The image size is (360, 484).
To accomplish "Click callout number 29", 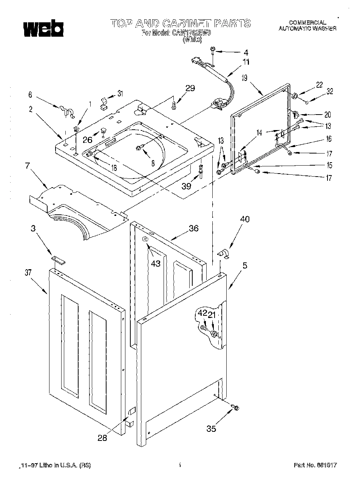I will (190, 88).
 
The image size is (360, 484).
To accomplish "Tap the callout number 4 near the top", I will (246, 53).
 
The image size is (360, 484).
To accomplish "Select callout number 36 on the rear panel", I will (194, 228).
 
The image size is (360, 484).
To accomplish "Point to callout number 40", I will (244, 219).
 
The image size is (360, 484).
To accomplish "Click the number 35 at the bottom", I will (212, 428).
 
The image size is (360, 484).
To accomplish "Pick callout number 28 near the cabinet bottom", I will (102, 437).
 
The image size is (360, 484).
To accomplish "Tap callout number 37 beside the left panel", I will (28, 272).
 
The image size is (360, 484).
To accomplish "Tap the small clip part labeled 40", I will (224, 254).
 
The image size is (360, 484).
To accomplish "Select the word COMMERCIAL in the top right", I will (307, 23).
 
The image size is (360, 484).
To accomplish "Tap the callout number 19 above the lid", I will (244, 78).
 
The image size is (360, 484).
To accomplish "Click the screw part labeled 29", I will (173, 106).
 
